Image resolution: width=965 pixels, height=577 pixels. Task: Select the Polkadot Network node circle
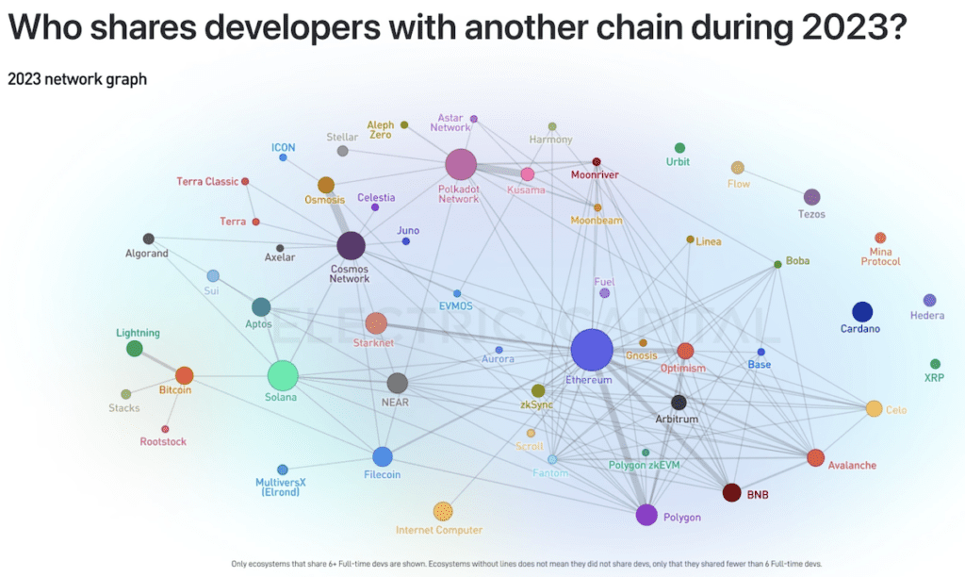(461, 164)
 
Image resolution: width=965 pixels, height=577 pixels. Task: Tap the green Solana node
(283, 375)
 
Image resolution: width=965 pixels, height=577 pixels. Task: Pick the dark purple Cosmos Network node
(351, 246)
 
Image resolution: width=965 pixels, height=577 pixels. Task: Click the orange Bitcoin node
(184, 375)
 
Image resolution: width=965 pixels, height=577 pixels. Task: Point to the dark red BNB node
(731, 492)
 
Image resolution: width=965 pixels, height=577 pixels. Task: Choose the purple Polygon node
(646, 515)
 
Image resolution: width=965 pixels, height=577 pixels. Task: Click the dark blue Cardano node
(861, 312)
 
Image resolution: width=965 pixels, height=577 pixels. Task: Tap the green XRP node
(935, 364)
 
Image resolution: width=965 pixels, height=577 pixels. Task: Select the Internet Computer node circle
(443, 511)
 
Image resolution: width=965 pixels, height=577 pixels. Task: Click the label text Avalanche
(852, 465)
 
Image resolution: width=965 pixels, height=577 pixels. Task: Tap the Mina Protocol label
(880, 256)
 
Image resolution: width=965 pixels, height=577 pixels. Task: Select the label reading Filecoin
(382, 474)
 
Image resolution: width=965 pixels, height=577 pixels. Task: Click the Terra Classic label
(207, 181)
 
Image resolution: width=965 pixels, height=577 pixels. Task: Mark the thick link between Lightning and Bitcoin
(160, 363)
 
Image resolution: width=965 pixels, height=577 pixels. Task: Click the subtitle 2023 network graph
(77, 79)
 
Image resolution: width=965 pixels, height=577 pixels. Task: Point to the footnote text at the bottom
(527, 564)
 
